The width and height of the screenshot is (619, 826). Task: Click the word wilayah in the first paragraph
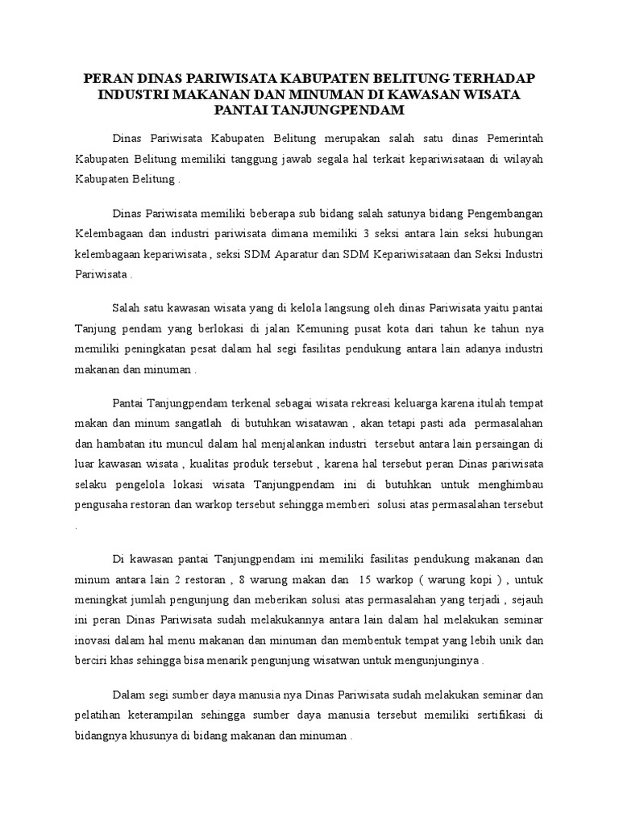coord(521,159)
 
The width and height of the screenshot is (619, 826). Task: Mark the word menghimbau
coord(508,486)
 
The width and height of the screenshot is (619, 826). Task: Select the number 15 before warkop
coord(363,579)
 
